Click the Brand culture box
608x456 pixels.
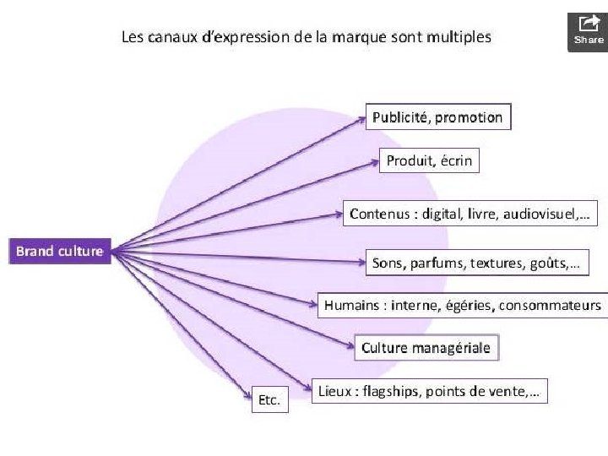[59, 252]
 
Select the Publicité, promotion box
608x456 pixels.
[437, 117]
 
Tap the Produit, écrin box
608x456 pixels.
[429, 160]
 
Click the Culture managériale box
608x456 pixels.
[426, 348]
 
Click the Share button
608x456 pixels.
[589, 31]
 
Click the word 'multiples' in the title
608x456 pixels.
[459, 37]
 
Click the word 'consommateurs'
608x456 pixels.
[551, 305]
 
